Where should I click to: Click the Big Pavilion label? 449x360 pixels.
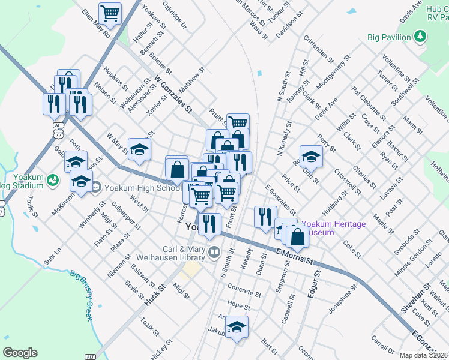pos(388,37)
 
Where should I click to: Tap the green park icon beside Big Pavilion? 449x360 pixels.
pos(420,37)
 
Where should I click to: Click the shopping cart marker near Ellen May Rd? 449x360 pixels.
pos(110,13)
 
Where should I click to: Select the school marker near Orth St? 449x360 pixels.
pos(312,157)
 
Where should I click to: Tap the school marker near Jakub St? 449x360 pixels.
pos(237,328)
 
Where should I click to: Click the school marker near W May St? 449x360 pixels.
pos(139,149)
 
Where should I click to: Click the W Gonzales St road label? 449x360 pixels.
pos(172,94)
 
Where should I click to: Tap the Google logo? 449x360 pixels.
pos(20,353)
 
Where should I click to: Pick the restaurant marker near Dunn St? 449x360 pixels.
pos(265,217)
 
